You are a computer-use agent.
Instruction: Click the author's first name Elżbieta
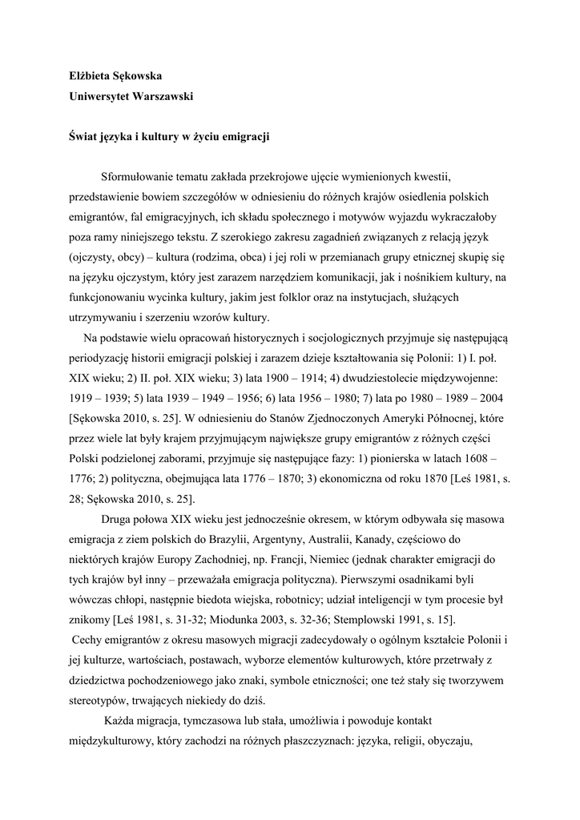pyautogui.click(x=90, y=76)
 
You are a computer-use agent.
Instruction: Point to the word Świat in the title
pyautogui.click(x=83, y=136)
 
